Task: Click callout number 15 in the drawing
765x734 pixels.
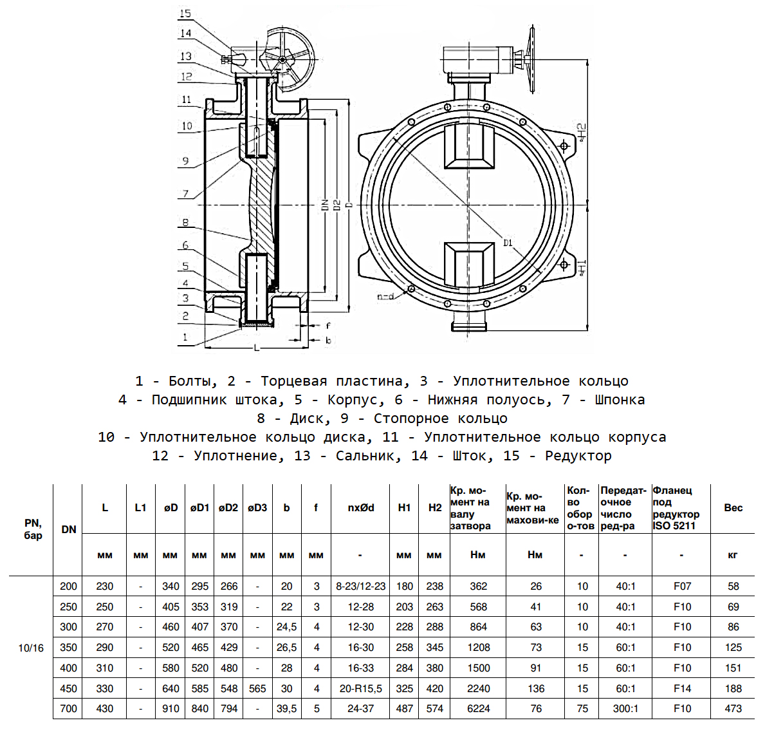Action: (185, 14)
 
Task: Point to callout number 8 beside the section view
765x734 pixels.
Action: (185, 223)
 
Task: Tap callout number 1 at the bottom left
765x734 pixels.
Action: (185, 337)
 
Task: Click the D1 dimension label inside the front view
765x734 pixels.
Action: (508, 243)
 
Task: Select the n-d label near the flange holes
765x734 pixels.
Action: (385, 297)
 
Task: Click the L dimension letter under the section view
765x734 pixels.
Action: (257, 348)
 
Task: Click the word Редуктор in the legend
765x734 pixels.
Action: (578, 456)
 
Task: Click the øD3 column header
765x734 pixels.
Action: (257, 507)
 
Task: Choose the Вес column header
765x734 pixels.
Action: (733, 507)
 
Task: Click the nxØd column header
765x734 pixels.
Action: (360, 507)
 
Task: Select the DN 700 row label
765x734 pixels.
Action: (68, 708)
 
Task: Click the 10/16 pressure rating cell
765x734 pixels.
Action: (31, 648)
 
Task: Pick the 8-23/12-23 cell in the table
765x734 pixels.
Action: (360, 586)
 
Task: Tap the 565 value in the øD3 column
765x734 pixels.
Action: (257, 688)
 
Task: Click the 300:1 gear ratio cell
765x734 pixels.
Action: (625, 708)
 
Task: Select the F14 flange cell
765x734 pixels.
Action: (682, 688)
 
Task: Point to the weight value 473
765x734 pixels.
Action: (733, 708)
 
